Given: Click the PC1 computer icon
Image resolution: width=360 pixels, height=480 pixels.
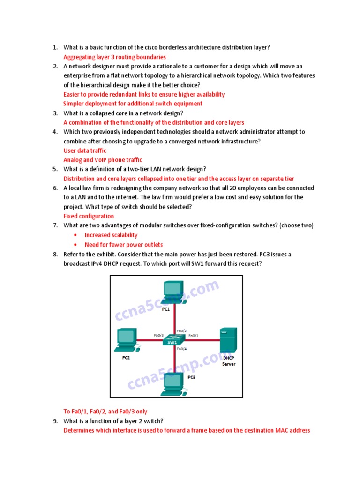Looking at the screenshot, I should (x=175, y=292).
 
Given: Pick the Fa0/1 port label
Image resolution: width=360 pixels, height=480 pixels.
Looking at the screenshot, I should (x=194, y=336).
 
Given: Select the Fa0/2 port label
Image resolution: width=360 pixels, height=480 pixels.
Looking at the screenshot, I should (x=181, y=331).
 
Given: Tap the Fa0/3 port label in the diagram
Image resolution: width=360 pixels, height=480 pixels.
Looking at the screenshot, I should (x=158, y=335).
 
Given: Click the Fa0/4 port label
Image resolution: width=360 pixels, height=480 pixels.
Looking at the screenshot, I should (x=182, y=349).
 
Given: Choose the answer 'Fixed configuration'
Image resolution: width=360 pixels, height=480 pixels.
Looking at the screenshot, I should (x=89, y=216).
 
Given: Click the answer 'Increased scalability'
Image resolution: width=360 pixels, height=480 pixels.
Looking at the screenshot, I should (x=111, y=235).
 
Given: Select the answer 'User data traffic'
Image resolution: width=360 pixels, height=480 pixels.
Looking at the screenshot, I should (x=85, y=150).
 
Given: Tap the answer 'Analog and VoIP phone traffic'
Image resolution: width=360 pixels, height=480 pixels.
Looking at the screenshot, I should (x=103, y=160).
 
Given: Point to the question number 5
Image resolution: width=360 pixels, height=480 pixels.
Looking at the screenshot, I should (x=55, y=169).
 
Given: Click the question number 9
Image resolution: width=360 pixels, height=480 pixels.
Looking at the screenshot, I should (x=55, y=421).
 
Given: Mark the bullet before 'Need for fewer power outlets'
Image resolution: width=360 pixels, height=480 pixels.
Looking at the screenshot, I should (x=76, y=245).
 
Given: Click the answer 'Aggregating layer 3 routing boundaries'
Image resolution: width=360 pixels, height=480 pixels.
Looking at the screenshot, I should (x=115, y=57).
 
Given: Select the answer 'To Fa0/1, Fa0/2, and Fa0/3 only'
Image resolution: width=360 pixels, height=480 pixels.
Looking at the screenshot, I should (x=105, y=412).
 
